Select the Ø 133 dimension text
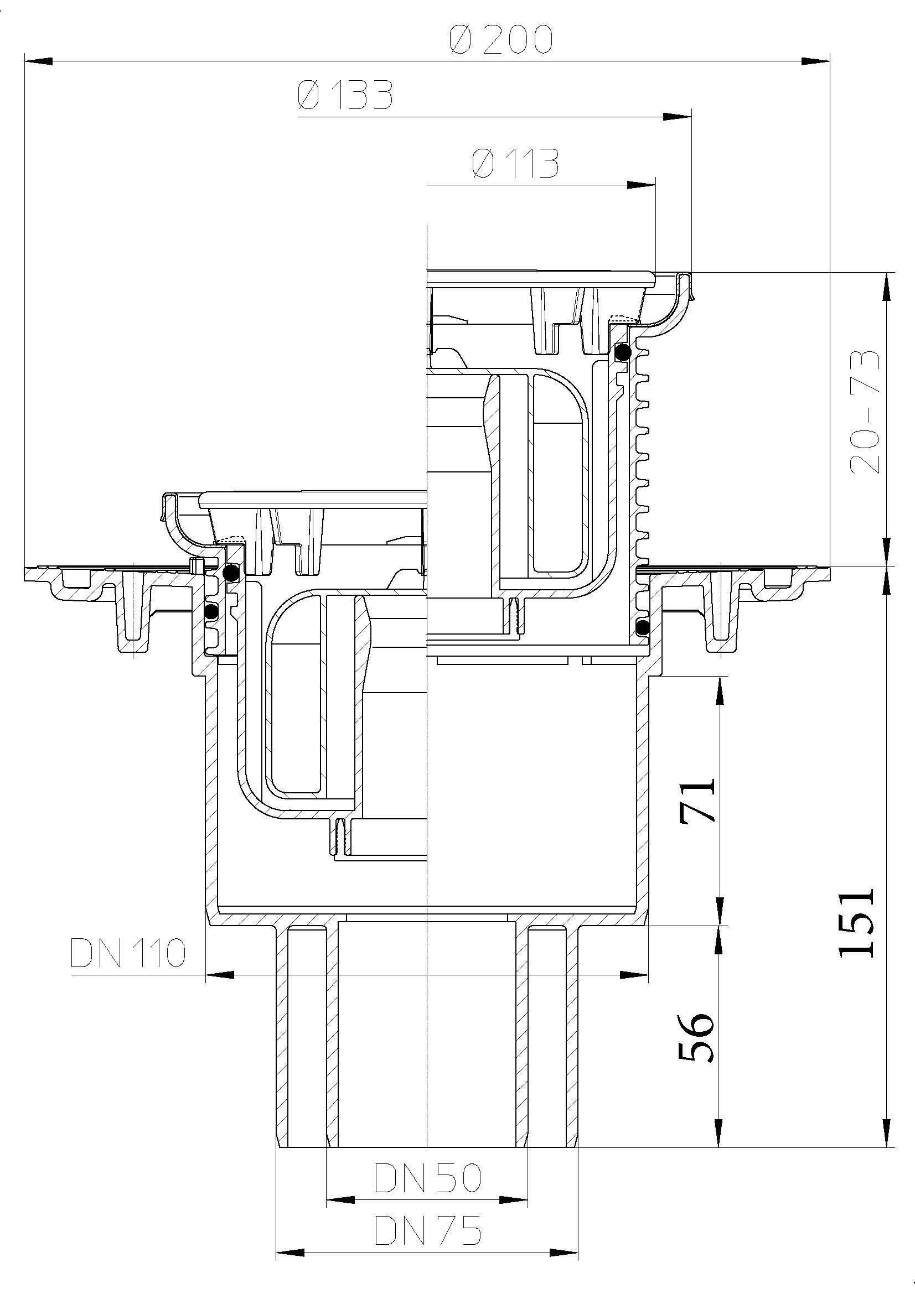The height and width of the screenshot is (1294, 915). pos(344,95)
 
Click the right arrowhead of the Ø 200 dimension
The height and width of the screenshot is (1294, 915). pos(816,60)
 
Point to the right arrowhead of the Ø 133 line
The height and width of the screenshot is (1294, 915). pos(677,117)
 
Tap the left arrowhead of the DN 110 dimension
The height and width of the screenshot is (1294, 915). pos(220,974)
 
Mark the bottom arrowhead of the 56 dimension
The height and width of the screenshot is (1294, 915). pos(720,1133)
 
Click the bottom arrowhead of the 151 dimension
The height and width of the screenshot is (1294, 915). pos(887,1133)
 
